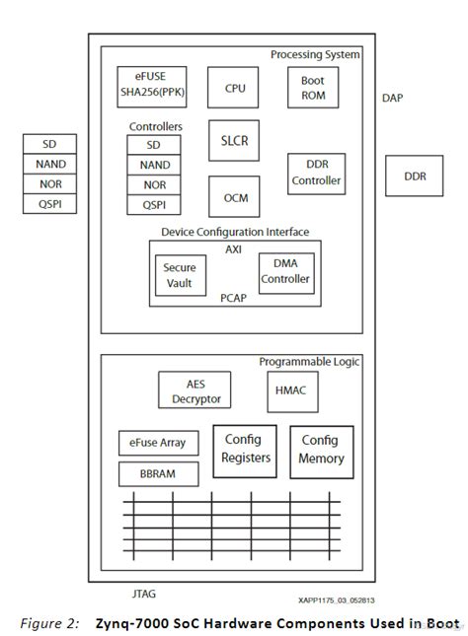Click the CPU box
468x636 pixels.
click(x=235, y=88)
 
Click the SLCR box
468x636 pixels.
click(x=235, y=141)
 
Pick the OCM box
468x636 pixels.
click(x=235, y=197)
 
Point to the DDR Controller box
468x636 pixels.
click(x=316, y=174)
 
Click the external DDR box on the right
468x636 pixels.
click(x=416, y=177)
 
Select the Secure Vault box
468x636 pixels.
click(x=179, y=275)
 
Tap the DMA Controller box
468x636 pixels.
click(x=284, y=272)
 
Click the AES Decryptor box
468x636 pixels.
click(x=195, y=389)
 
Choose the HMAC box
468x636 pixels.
click(x=292, y=391)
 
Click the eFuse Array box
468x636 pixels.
click(x=157, y=442)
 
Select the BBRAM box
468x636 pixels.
click(x=157, y=474)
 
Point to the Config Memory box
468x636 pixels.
click(x=322, y=451)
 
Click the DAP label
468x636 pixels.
click(x=392, y=98)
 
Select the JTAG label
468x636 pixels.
click(x=144, y=594)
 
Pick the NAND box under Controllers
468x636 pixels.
click(x=154, y=165)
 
